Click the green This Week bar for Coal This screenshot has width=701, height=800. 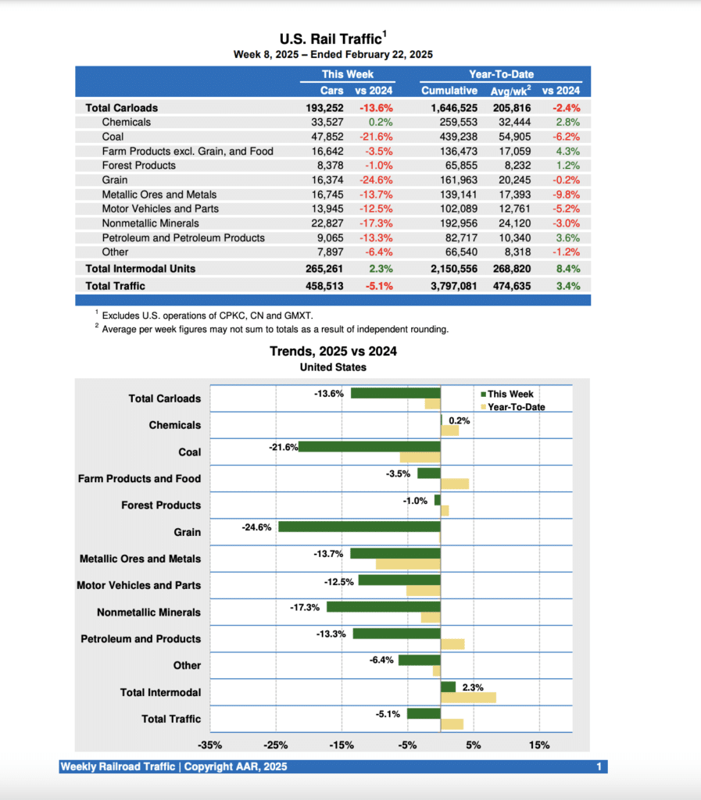click(369, 446)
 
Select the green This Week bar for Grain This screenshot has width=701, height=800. click(359, 527)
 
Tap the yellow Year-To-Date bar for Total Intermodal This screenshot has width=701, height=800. click(468, 697)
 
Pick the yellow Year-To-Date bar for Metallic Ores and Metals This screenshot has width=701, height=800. click(407, 564)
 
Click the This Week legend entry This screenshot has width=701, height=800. click(510, 394)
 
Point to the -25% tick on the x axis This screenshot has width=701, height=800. click(276, 745)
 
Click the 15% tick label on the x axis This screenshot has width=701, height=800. click(538, 745)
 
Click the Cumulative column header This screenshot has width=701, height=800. click(449, 91)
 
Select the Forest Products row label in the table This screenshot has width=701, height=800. click(138, 166)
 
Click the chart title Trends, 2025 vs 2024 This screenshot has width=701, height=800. click(333, 352)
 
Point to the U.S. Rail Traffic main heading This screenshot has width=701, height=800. click(331, 38)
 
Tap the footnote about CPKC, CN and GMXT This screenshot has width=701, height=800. click(207, 316)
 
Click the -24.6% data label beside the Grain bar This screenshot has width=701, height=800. click(256, 527)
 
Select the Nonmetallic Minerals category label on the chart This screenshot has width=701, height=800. click(148, 612)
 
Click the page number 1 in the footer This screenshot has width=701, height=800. click(598, 767)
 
